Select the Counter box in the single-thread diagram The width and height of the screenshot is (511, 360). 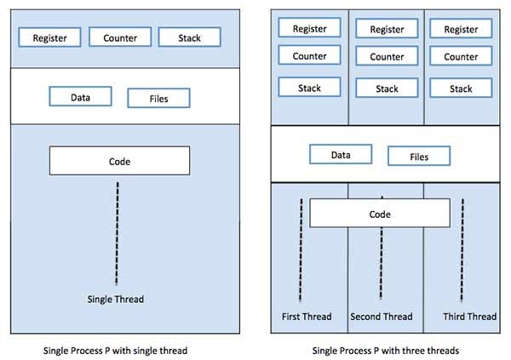coord(119,37)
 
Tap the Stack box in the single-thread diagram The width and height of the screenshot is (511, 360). coord(190,37)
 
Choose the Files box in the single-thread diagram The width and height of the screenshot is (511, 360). coord(158,98)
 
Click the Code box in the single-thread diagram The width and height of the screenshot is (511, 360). coord(119,161)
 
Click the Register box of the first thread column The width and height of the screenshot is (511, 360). coord(309,28)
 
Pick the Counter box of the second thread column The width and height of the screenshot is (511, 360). coord(387,57)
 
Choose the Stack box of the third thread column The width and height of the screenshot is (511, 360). coord(461,89)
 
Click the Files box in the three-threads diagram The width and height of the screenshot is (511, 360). coord(419,156)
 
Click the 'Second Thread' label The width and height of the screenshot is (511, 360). coord(382,317)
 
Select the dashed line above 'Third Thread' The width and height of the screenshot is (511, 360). coord(462,251)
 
